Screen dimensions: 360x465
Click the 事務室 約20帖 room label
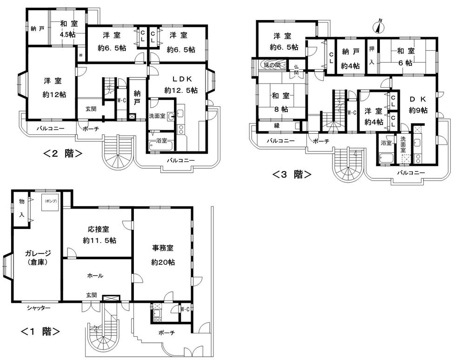[x=163, y=256]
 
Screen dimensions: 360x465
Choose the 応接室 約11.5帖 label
[x=99, y=235]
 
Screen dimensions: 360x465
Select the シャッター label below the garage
[x=38, y=308]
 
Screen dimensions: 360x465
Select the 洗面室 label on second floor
[x=157, y=115]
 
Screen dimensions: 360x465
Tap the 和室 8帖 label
[x=281, y=103]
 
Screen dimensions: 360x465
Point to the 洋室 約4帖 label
[x=374, y=117]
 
